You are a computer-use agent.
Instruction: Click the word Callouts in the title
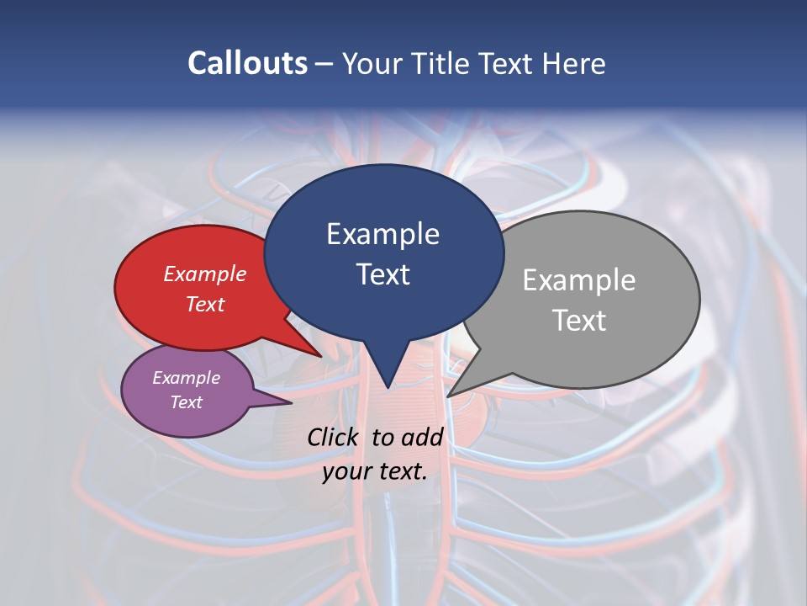tap(247, 63)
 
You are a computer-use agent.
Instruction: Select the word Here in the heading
tap(573, 64)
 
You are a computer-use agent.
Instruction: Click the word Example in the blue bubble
tap(382, 234)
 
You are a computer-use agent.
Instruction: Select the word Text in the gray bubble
tap(579, 321)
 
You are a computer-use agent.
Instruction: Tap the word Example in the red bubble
tap(205, 274)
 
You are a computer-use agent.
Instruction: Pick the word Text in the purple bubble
tap(187, 402)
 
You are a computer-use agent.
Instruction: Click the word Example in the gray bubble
tap(579, 280)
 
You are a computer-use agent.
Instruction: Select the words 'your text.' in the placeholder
tap(375, 471)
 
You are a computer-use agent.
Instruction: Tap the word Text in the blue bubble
tap(383, 274)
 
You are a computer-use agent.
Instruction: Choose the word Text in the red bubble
tap(205, 304)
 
